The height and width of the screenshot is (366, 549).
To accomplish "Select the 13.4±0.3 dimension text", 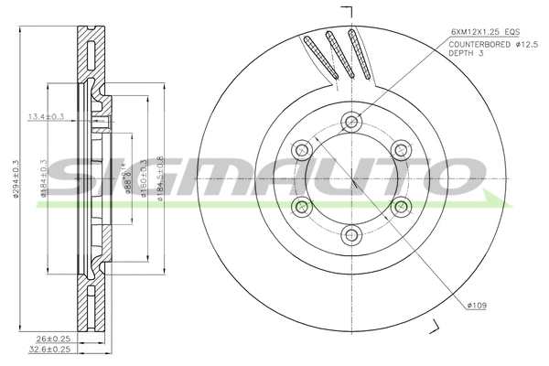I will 46,115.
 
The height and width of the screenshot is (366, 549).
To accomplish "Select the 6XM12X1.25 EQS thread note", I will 486,31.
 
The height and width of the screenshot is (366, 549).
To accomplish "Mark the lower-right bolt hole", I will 401,209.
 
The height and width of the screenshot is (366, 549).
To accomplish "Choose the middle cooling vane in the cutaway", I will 339,55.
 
